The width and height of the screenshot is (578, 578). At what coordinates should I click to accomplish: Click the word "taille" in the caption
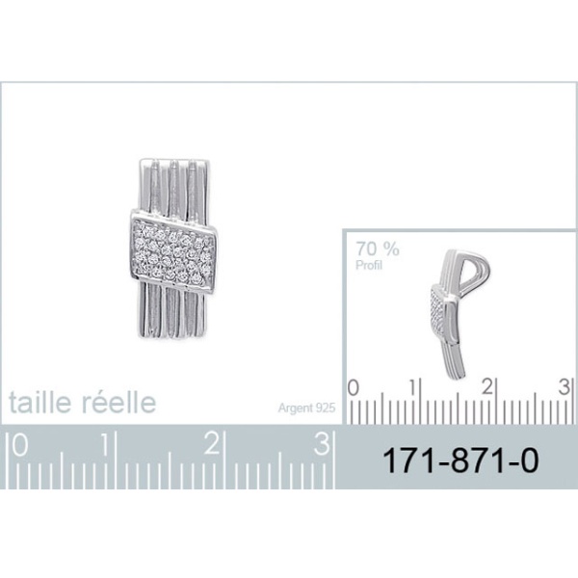tap(39, 402)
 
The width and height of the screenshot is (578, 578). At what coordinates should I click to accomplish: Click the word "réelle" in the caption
tap(118, 402)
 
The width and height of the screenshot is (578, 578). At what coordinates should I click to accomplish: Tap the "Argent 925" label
tap(306, 408)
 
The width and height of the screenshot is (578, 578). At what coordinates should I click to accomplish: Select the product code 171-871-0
tap(460, 460)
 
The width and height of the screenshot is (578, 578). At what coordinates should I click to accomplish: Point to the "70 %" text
tap(377, 249)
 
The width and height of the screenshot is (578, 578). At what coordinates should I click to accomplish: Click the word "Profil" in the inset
tap(369, 265)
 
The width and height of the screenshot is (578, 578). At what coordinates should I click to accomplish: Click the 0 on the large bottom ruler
tap(20, 444)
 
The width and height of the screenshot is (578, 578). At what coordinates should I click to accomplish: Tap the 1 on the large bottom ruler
tap(107, 444)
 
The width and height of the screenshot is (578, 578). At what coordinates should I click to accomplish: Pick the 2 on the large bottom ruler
tap(212, 444)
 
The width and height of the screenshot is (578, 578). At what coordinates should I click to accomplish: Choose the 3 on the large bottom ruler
tap(322, 444)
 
